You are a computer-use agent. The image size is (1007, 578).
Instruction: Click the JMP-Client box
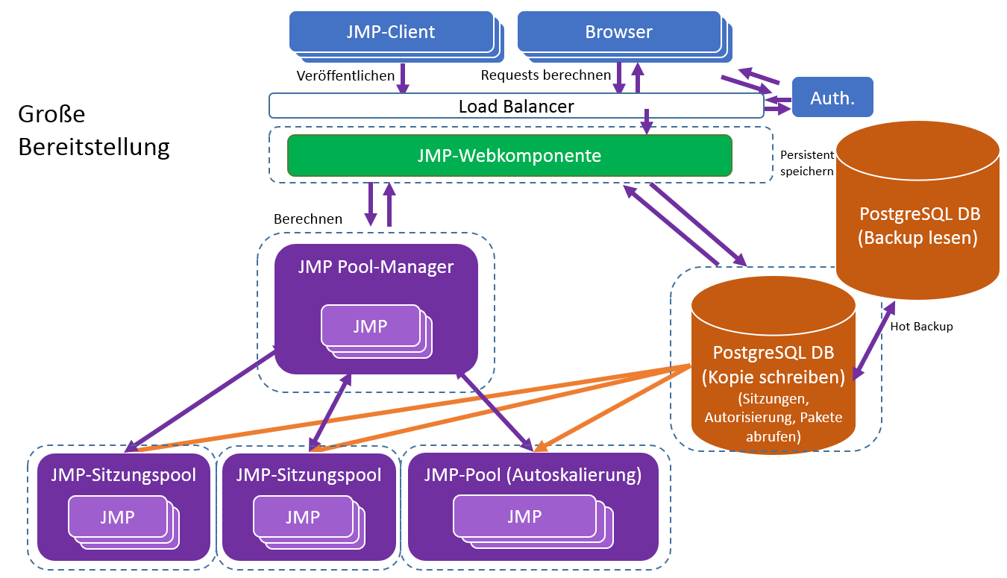[x=390, y=32]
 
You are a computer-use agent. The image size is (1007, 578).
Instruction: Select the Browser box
[x=618, y=32]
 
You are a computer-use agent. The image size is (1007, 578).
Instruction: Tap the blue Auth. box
[x=832, y=98]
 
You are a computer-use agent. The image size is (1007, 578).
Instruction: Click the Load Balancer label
[x=516, y=106]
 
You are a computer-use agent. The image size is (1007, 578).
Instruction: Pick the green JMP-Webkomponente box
[x=509, y=156]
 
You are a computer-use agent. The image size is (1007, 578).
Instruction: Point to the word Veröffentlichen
[x=345, y=75]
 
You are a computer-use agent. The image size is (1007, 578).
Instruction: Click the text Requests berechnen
[x=546, y=75]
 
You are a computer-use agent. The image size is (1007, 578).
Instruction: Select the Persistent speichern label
[x=806, y=163]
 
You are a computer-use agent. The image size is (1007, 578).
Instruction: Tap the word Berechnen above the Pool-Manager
[x=308, y=219]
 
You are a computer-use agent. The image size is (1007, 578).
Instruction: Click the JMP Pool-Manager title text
[x=375, y=266]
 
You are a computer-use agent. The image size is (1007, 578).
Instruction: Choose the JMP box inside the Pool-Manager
[x=370, y=326]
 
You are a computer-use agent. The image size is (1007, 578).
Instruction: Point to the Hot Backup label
[x=921, y=326]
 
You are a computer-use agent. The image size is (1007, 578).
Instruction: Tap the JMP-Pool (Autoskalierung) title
[x=532, y=474]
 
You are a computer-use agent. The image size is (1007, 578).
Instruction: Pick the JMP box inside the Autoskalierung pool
[x=524, y=516]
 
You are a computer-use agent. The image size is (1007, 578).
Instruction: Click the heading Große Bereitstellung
[x=93, y=131]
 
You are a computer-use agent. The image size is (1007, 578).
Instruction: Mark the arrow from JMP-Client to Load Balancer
[x=403, y=78]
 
